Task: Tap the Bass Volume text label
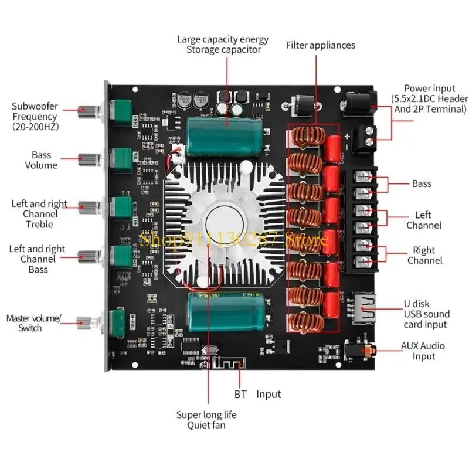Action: tap(41, 160)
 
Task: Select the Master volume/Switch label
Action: tap(33, 323)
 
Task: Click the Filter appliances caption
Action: tap(320, 45)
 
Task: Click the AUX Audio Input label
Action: tap(424, 351)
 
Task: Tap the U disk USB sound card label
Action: tap(424, 314)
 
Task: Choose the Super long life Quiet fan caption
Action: tap(206, 419)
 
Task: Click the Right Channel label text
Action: tap(424, 255)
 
